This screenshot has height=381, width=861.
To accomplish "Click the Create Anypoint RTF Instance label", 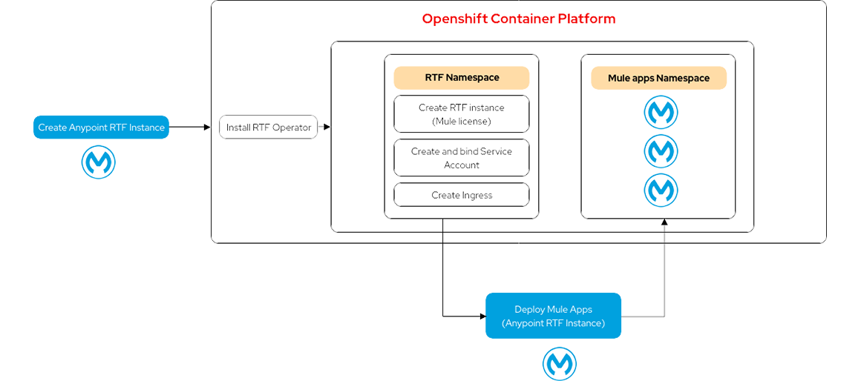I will tap(101, 127).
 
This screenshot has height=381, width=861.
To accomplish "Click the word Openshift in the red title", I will tap(454, 21).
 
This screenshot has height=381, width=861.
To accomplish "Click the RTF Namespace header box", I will tap(462, 78).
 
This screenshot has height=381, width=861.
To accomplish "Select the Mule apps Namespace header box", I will tap(658, 79).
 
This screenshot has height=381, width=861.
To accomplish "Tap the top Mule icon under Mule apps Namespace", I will tap(658, 112).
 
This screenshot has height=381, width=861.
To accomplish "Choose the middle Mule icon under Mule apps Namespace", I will tap(658, 151).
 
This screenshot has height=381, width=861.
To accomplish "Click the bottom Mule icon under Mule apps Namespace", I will tap(658, 190).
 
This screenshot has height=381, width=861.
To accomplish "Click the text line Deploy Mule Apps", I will tap(553, 310).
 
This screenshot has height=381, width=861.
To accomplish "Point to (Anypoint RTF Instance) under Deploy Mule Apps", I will tap(553, 323).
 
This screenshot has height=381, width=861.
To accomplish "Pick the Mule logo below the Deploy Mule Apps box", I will tap(554, 362).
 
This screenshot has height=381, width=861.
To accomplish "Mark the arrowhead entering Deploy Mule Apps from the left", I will tap(482, 317).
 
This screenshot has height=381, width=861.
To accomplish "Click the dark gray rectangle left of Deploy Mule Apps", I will tap(406, 348).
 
